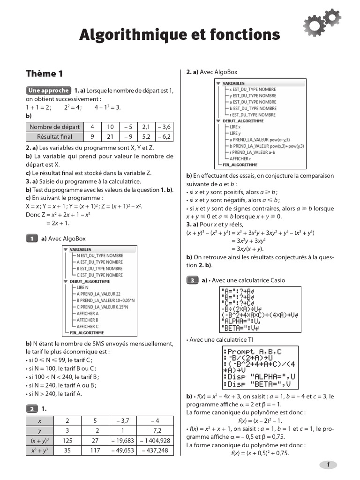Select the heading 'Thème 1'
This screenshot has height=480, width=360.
[44, 74]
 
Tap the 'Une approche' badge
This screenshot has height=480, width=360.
[48, 90]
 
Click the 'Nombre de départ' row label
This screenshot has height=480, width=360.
[54, 127]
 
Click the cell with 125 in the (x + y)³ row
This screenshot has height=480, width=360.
[67, 441]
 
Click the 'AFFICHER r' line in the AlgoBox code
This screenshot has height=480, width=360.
[240, 159]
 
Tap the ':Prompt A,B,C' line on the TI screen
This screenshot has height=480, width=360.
[253, 352]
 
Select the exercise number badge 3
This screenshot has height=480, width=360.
[192, 280]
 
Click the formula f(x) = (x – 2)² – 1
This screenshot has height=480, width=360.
[260, 420]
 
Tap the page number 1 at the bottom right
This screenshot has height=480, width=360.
[328, 465]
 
